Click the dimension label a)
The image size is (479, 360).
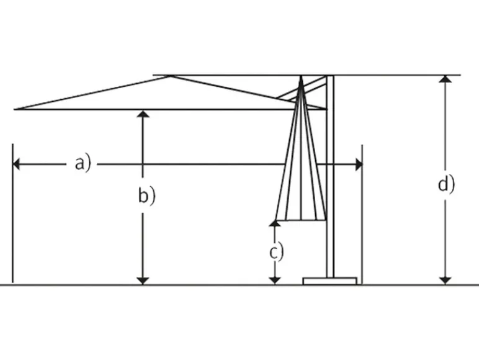pos(83,164)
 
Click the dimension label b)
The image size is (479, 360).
pos(146,196)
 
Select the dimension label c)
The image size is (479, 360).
pos(277,252)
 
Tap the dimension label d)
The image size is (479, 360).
pos(446,184)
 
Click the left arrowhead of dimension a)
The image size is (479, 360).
pos(16,164)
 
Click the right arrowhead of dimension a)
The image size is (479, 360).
pos(359,164)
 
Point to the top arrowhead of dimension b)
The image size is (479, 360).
pos(143,114)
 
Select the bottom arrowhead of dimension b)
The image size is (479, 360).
pos(143,281)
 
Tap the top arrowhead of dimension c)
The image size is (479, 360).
pos(275,223)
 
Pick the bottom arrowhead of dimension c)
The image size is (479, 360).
pos(275,281)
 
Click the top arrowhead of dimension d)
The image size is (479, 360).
pos(445,79)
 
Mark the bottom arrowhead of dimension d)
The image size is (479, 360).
pos(445,281)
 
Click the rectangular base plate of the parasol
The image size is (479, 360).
pos(330,281)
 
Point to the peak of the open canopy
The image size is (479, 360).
pos(171,76)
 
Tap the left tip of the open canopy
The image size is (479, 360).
pos(15,109)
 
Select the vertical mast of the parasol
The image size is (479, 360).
pos(330,176)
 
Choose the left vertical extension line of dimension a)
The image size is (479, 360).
pos(12,214)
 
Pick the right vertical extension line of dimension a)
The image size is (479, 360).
pos(362,214)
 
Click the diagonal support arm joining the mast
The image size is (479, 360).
pos(302,89)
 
